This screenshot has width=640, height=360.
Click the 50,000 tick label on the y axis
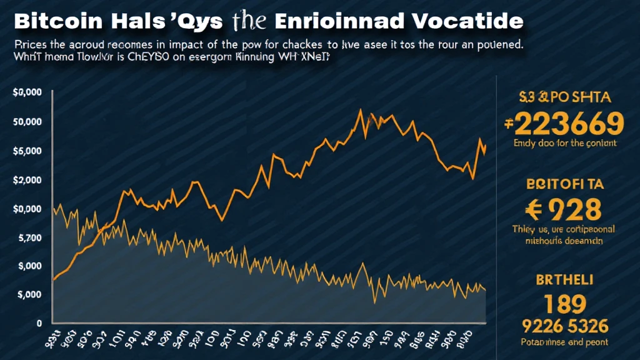click(x=26, y=121)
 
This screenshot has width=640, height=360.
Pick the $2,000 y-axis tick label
click(x=26, y=180)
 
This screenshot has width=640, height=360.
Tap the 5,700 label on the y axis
click(x=26, y=238)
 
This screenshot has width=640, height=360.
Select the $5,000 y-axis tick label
click(x=26, y=151)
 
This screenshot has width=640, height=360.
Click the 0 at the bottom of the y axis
click(x=39, y=323)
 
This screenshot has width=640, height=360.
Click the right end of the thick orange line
click(x=485, y=146)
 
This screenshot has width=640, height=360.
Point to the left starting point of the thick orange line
click(x=54, y=279)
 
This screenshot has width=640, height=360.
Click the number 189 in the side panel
click(x=565, y=304)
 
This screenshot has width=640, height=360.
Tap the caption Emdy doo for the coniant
click(x=565, y=143)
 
